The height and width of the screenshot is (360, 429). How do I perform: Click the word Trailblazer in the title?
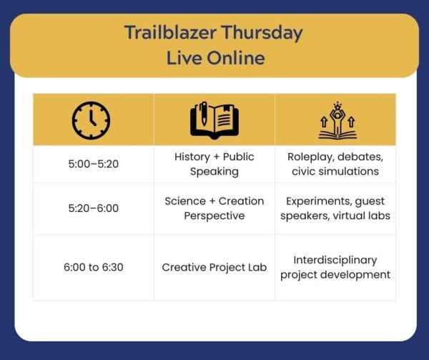tap(170, 33)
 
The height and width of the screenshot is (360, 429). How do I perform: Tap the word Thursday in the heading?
tap(262, 34)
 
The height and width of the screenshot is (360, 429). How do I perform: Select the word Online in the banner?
tap(236, 58)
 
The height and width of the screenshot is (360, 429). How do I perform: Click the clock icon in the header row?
tap(91, 120)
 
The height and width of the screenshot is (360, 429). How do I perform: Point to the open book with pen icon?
tap(214, 120)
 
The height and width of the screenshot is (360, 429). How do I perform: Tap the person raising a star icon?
tap(337, 121)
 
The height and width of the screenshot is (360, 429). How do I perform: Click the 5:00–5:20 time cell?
tap(94, 164)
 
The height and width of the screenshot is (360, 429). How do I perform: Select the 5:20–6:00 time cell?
tap(94, 208)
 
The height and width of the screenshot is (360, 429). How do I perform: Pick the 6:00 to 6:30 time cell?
tap(94, 267)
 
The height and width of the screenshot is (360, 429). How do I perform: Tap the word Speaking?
tap(214, 172)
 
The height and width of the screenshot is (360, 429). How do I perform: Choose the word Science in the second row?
tap(185, 201)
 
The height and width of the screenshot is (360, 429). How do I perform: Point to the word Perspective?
tap(214, 216)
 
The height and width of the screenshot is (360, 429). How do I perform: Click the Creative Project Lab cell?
tap(214, 268)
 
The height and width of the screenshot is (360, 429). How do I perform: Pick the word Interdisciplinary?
tap(335, 260)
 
